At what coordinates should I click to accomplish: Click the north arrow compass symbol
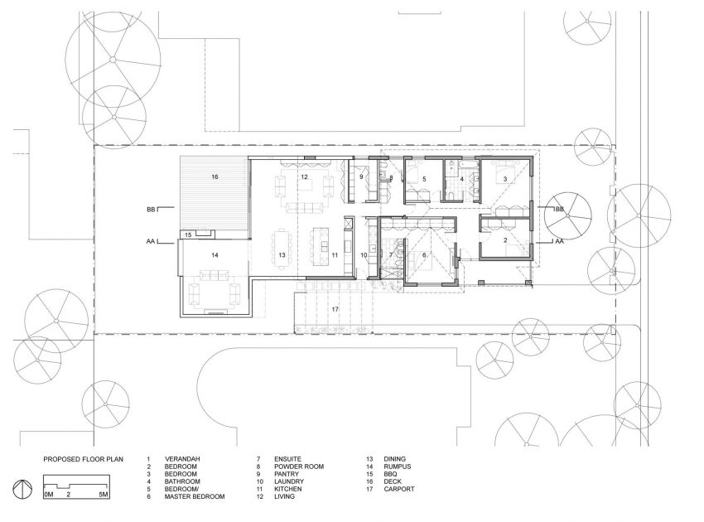pyautogui.click(x=22, y=489)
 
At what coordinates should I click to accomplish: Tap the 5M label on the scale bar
pyautogui.click(x=104, y=495)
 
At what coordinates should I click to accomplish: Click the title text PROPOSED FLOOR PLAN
pyautogui.click(x=83, y=459)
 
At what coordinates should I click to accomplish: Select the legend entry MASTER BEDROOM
pyautogui.click(x=195, y=496)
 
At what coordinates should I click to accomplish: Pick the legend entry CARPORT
pyautogui.click(x=398, y=489)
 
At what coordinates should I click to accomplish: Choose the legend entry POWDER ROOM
pyautogui.click(x=298, y=466)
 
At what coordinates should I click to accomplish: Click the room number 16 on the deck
pyautogui.click(x=215, y=176)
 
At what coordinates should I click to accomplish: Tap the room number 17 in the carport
pyautogui.click(x=335, y=309)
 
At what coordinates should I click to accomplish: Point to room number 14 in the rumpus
pyautogui.click(x=215, y=254)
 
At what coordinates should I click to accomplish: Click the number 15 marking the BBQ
pyautogui.click(x=188, y=234)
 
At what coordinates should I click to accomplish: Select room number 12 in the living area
pyautogui.click(x=305, y=176)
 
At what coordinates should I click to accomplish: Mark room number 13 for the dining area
pyautogui.click(x=282, y=254)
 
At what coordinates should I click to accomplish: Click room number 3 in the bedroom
pyautogui.click(x=505, y=179)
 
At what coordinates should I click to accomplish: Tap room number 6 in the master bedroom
pyautogui.click(x=424, y=254)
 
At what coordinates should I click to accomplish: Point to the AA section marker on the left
pyautogui.click(x=151, y=241)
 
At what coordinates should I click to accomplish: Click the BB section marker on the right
pyautogui.click(x=559, y=209)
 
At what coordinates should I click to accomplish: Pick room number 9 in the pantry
pyautogui.click(x=361, y=176)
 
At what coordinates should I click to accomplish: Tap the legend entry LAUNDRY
pyautogui.click(x=289, y=481)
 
